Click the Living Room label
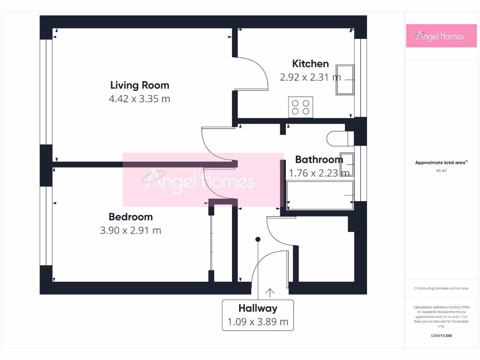pos(139,85)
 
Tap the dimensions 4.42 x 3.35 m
pos(139,99)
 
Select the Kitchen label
pos(310,63)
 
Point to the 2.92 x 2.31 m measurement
pos(310,77)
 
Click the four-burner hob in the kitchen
pos(300,107)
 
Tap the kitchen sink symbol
pos(345,80)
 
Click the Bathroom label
pos(319,159)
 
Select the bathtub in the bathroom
pos(320,195)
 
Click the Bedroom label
pos(130,217)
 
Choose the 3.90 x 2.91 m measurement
pos(130,231)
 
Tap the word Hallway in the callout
pos(258,308)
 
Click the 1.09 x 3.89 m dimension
pos(258,322)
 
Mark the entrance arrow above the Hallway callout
pos(270,292)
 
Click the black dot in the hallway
pos(257,240)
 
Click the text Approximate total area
pos(440,163)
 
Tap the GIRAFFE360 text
pos(441,336)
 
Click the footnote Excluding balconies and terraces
pos(441,288)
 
